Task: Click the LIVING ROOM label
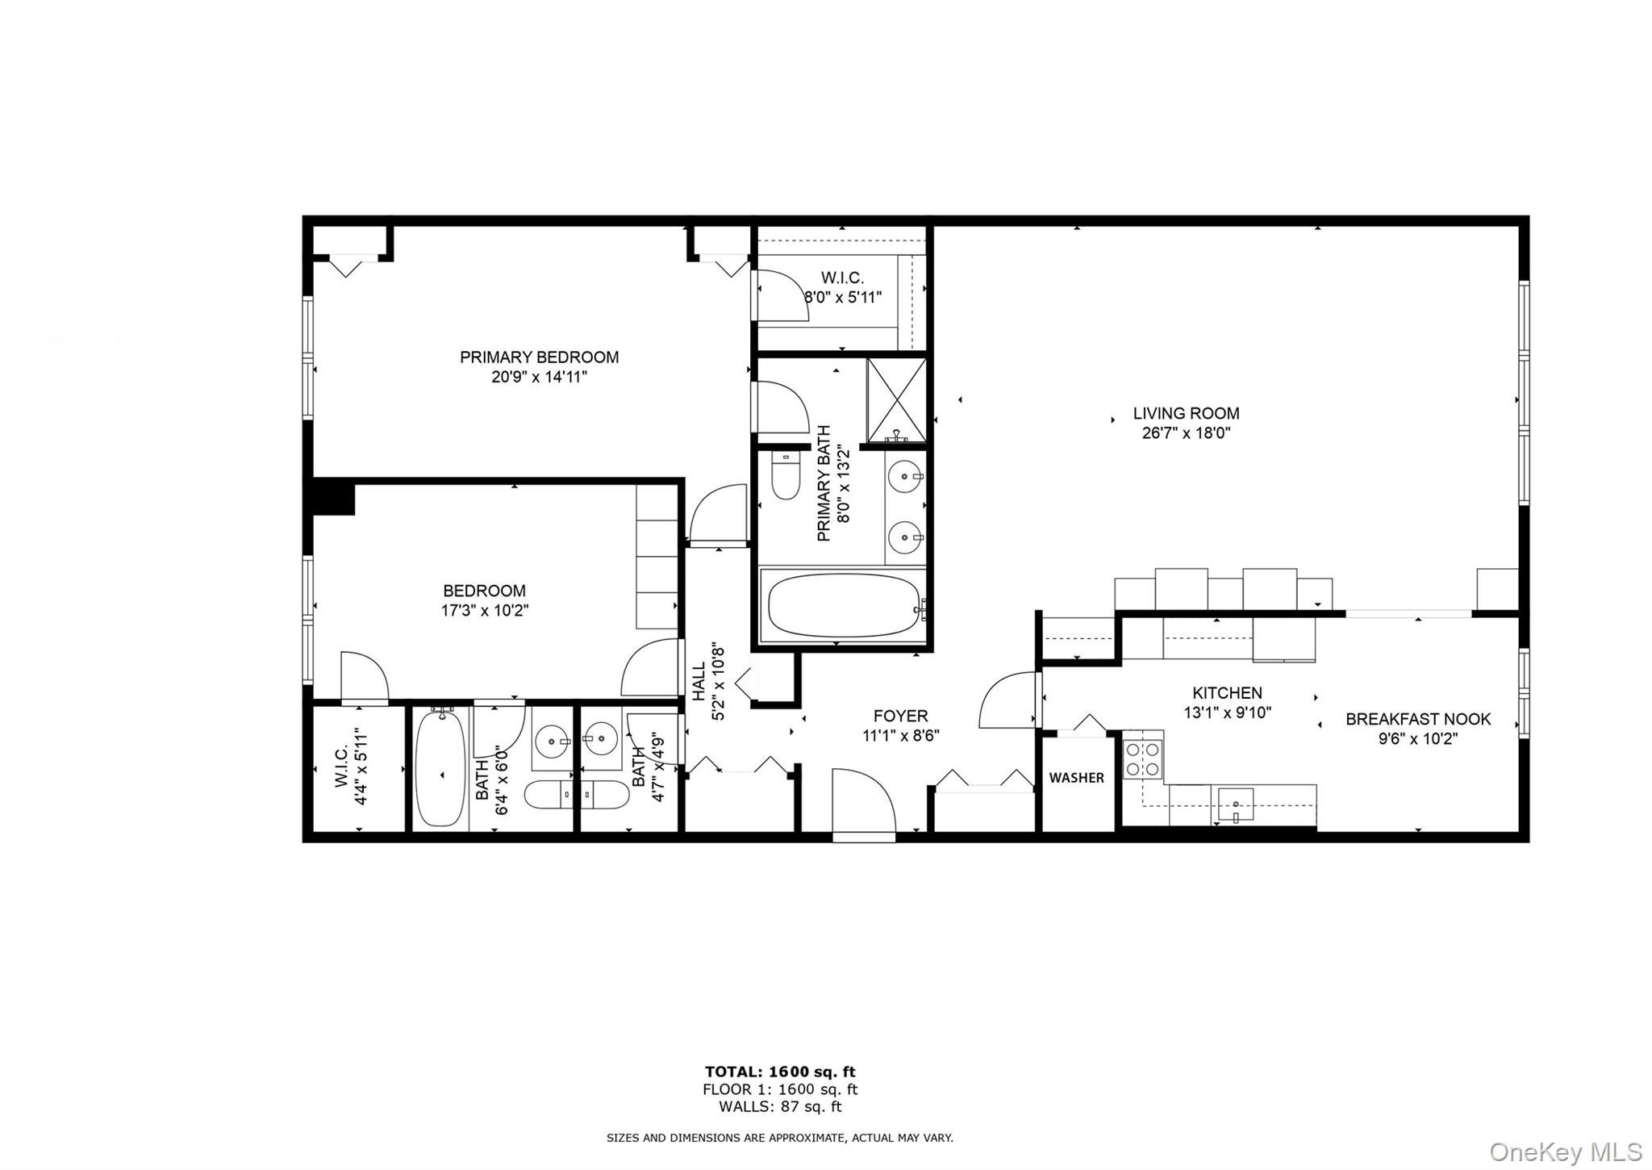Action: pyautogui.click(x=1186, y=413)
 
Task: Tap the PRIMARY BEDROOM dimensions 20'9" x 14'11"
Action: pyautogui.click(x=539, y=377)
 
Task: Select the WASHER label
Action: pyautogui.click(x=1076, y=778)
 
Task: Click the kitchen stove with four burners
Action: pyautogui.click(x=1142, y=759)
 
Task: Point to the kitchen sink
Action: pyautogui.click(x=1235, y=804)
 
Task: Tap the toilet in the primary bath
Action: pyautogui.click(x=785, y=476)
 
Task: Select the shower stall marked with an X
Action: pyautogui.click(x=896, y=400)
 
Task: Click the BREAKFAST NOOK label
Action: pyautogui.click(x=1417, y=719)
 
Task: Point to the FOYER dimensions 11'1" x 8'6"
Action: pyautogui.click(x=900, y=736)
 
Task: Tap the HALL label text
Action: pyautogui.click(x=699, y=681)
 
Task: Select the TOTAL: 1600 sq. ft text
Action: pyautogui.click(x=780, y=1072)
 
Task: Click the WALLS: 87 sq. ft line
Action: pyautogui.click(x=780, y=1106)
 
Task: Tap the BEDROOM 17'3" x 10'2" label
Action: pyautogui.click(x=484, y=600)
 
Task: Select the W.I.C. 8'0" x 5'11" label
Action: pyautogui.click(x=842, y=288)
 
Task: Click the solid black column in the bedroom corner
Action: pyautogui.click(x=332, y=496)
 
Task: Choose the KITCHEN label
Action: pyautogui.click(x=1227, y=692)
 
